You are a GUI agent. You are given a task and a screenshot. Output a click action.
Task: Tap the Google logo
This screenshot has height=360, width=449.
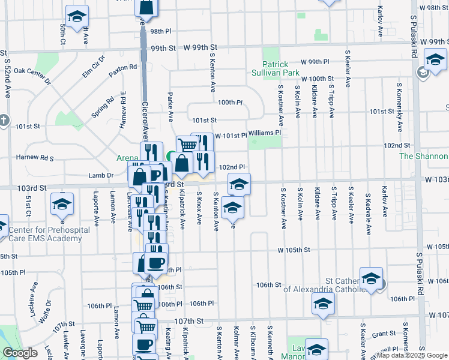tap(19, 352)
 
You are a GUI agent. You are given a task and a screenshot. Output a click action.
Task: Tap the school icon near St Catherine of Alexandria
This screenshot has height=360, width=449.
tap(372, 278)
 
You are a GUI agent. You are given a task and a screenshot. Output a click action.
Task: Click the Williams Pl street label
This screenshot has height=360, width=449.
tap(264, 132)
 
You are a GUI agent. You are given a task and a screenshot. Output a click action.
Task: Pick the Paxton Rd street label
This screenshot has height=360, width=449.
tap(123, 70)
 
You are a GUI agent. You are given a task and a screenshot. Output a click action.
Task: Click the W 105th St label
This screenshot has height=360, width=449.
tap(294, 250)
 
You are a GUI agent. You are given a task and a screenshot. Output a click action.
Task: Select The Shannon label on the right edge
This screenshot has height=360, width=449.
tap(424, 156)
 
